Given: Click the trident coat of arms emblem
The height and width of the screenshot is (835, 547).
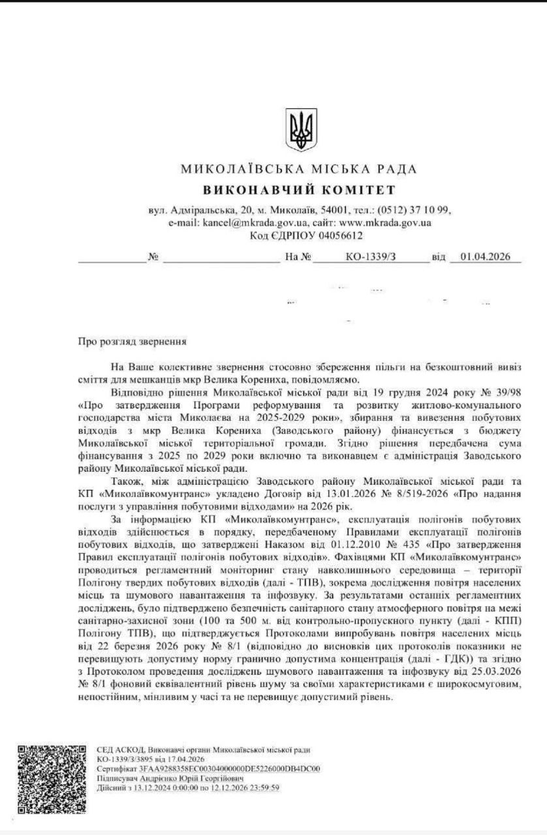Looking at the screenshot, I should [x=301, y=130].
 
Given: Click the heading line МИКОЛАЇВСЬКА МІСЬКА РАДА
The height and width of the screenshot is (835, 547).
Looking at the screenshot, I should [x=299, y=170].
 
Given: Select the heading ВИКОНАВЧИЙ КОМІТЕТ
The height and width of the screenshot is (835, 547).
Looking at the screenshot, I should [x=299, y=190].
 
